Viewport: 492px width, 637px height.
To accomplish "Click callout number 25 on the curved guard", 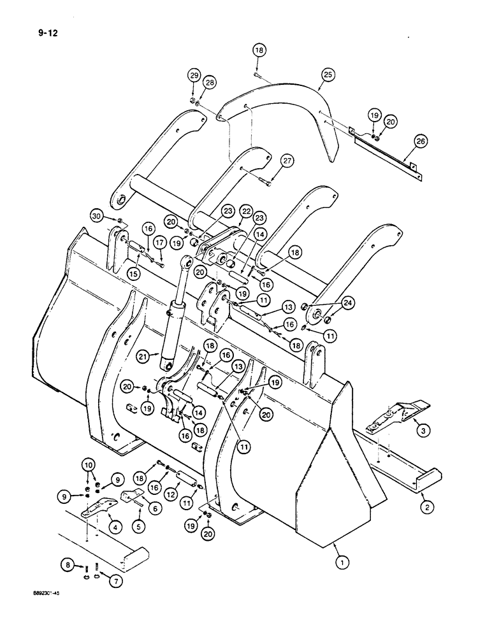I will [328, 75].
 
